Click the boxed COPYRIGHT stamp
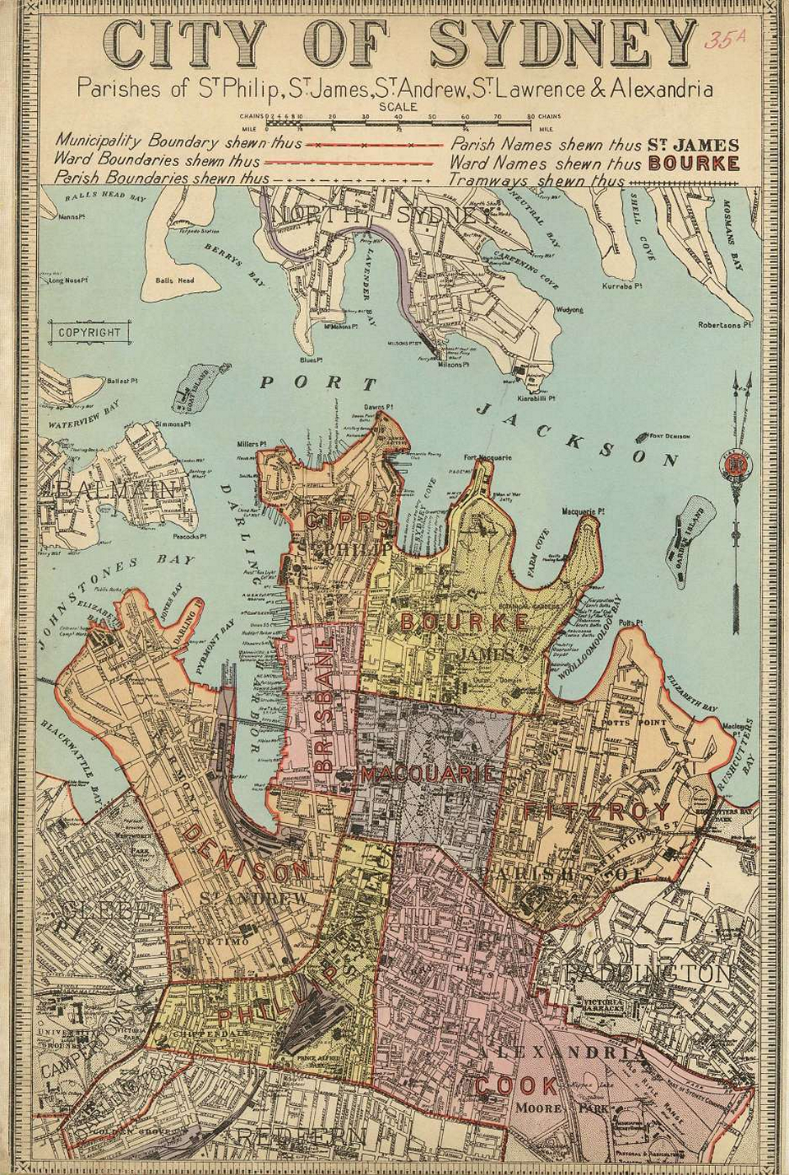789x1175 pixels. pos(90,333)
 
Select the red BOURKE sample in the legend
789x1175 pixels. pos(694,163)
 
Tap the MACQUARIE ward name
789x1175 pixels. pos(427,775)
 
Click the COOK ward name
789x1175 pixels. pos(516,1085)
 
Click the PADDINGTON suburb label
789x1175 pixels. pos(649,974)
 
